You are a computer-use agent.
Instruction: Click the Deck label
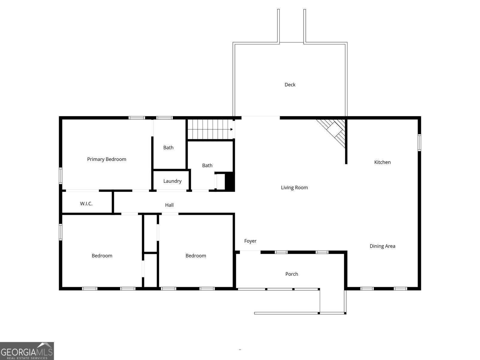point(290,85)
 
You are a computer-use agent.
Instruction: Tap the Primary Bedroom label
point(106,159)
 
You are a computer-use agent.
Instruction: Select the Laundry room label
point(172,181)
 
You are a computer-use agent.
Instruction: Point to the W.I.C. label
point(86,204)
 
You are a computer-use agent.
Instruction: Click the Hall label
point(169,205)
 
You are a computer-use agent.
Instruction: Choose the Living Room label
point(294,188)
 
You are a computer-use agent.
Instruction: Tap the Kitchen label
point(382,162)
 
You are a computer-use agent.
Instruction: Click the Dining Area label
point(382,246)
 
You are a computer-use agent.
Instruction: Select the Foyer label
point(250,241)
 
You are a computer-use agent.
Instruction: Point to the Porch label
point(292,274)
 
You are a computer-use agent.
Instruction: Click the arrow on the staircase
point(231,129)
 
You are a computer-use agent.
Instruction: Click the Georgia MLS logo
point(27,351)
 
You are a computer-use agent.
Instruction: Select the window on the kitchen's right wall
point(419,142)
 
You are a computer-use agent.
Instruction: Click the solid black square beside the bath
point(229,181)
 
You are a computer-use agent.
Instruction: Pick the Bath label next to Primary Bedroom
point(168,148)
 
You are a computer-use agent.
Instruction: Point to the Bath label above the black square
point(207,166)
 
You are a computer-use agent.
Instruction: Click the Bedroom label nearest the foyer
point(196,256)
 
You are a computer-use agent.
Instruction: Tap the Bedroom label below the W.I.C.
point(102,256)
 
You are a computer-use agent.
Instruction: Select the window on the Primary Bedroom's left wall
point(61,175)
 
